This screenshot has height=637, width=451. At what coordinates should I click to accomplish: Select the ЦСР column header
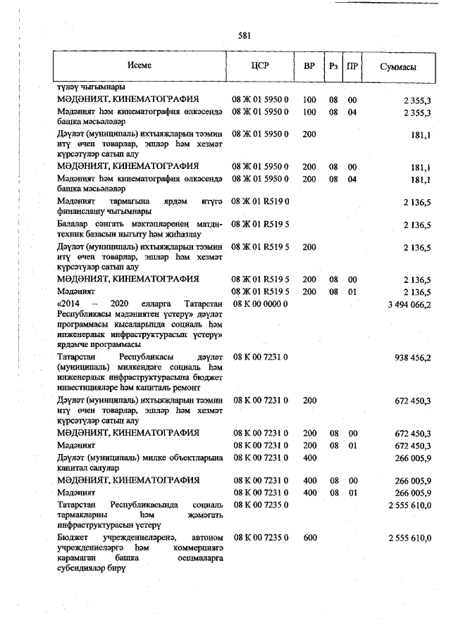[x=260, y=65]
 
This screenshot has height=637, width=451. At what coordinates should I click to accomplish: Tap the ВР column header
[x=309, y=65]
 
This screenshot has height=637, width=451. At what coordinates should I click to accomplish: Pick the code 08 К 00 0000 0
[x=260, y=304]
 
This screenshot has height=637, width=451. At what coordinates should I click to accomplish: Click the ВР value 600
[x=309, y=538]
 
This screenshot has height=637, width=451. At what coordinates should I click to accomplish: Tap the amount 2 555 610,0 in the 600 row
[x=409, y=538]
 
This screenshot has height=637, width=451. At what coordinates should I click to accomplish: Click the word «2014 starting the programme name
[x=70, y=304]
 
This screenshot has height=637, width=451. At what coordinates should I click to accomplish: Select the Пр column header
[x=353, y=66]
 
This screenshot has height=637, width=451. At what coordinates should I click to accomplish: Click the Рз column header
[x=333, y=66]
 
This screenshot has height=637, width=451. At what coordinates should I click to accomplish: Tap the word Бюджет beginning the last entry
[x=75, y=538]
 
